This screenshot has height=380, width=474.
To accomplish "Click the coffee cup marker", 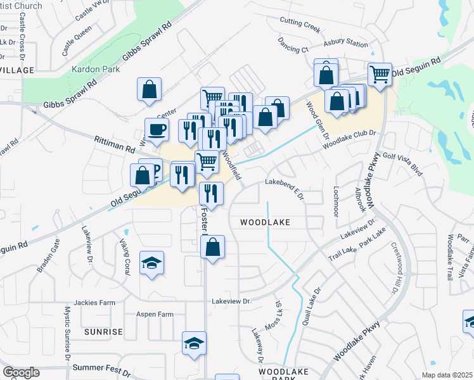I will [157, 130].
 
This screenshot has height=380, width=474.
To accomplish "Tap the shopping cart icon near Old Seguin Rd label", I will [380, 75].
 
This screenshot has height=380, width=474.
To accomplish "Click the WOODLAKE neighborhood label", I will [265, 222].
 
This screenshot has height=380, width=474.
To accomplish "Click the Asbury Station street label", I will [345, 44].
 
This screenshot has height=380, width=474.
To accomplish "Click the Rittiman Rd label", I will [115, 144].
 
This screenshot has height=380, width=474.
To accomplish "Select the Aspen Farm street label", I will [155, 314].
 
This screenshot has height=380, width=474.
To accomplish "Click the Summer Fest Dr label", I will [101, 367].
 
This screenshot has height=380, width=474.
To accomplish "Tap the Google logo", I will [20, 372].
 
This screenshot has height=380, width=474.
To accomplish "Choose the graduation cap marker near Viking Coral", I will [151, 263].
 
